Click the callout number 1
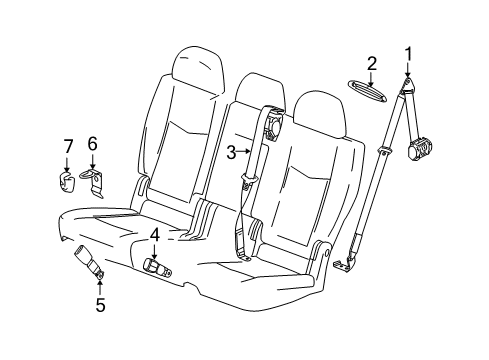pyautogui.click(x=408, y=53)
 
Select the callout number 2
pyautogui.click(x=372, y=64)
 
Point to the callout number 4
pyautogui.click(x=155, y=235)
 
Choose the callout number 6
pyautogui.click(x=92, y=145)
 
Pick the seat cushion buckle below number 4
pyautogui.click(x=156, y=267)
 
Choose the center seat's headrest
pyautogui.click(x=257, y=92)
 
